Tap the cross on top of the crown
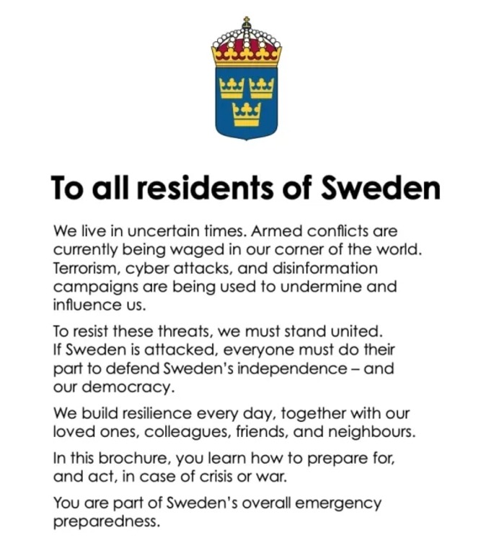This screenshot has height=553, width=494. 247,21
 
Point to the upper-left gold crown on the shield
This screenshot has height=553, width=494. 231,88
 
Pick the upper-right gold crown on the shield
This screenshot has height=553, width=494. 261,88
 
